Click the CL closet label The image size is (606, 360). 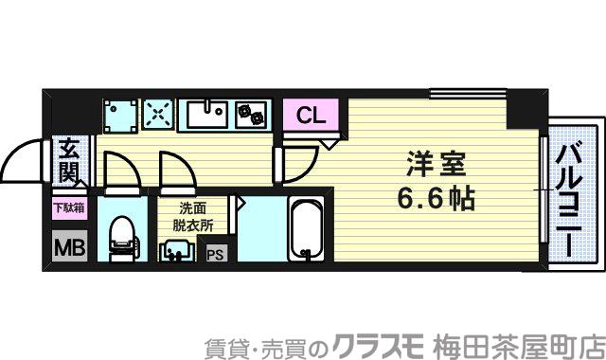(x=310, y=116)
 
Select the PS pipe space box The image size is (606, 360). (x=216, y=253)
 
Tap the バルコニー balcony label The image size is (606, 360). (x=568, y=200)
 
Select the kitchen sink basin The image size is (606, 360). (x=205, y=116)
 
